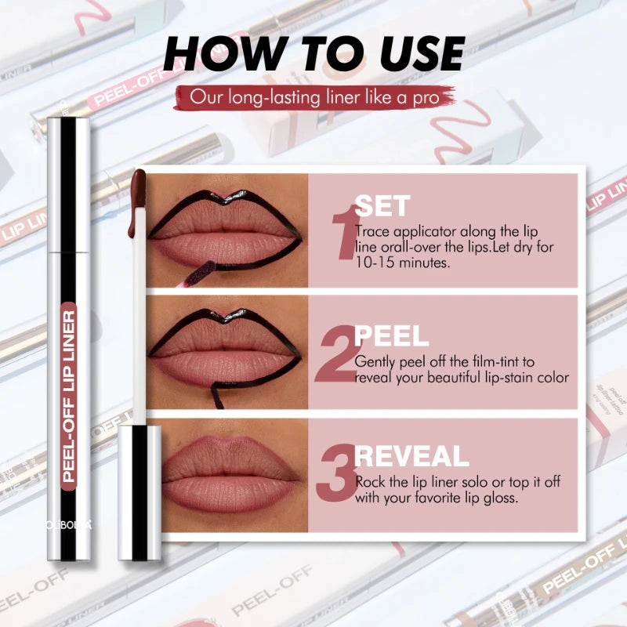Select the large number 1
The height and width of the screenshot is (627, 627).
tap(342, 231)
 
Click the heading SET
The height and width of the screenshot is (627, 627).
tap(382, 206)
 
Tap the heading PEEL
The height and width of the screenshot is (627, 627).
tap(392, 336)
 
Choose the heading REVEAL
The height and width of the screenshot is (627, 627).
tap(411, 456)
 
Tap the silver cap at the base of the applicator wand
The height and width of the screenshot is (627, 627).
tap(140, 492)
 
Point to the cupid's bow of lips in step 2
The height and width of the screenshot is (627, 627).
tap(225, 317)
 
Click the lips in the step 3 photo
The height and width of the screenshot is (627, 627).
tap(229, 474)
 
